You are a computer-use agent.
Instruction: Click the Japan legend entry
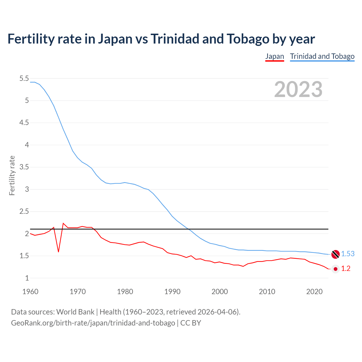(x=274, y=56)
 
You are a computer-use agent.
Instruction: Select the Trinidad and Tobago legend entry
(x=322, y=56)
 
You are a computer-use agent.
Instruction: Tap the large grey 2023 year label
(x=298, y=89)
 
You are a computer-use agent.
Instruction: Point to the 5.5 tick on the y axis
(x=24, y=78)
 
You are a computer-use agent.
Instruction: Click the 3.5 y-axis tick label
(x=24, y=167)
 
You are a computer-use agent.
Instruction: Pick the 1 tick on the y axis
(x=27, y=278)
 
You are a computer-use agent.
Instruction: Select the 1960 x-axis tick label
(x=30, y=292)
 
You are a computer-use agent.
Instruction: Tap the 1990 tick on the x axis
(x=172, y=292)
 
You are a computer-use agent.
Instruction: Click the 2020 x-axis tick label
(x=314, y=292)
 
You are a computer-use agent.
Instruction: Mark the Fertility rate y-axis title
(x=12, y=175)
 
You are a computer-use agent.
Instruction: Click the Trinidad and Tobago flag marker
(x=335, y=254)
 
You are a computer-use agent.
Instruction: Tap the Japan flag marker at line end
(x=335, y=269)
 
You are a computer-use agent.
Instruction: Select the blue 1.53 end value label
(x=348, y=254)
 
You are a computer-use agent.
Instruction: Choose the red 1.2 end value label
(x=346, y=269)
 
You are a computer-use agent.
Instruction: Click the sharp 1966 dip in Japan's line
(x=59, y=251)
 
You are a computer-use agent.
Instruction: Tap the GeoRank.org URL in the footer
(x=93, y=323)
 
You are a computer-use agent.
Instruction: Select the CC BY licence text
(x=191, y=323)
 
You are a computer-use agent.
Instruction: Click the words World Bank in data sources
(x=75, y=312)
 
